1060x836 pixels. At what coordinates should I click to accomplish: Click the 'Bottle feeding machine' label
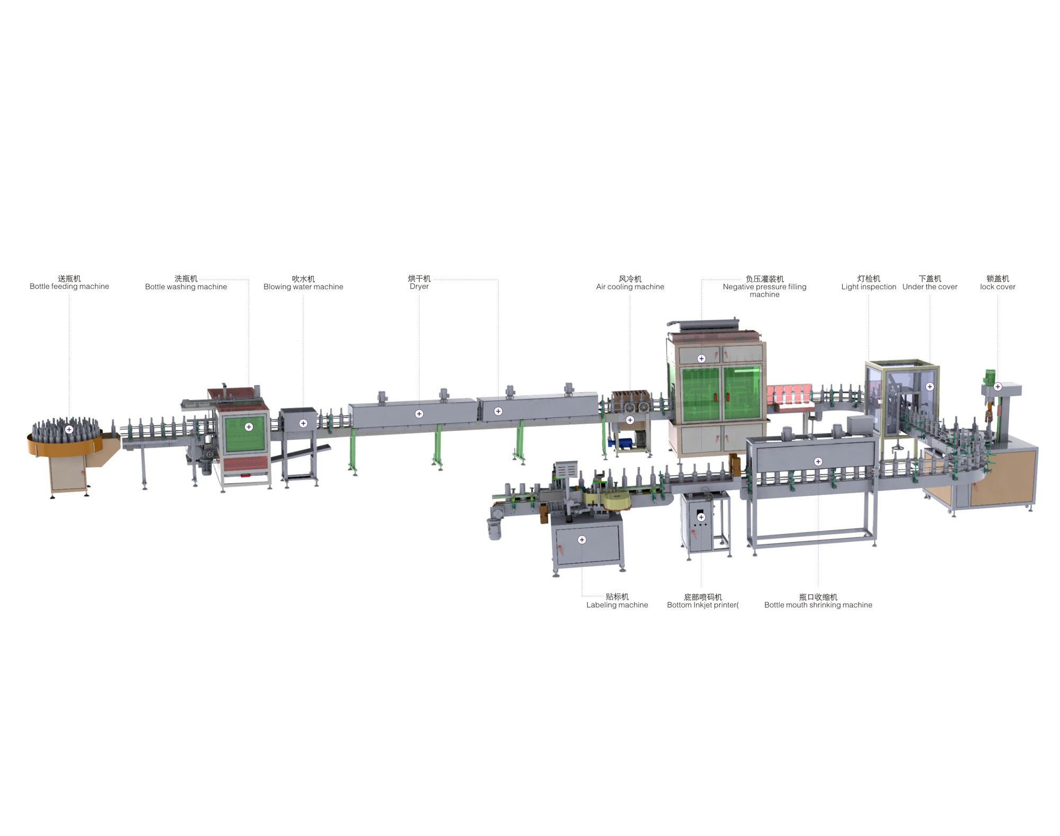[x=69, y=287]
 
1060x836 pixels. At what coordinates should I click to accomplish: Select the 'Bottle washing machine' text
[x=186, y=287]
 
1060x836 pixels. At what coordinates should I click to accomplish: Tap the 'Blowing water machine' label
[x=303, y=287]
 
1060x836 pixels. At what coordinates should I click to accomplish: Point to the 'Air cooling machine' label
[x=630, y=287]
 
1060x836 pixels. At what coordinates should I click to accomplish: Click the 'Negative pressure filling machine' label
[x=765, y=290]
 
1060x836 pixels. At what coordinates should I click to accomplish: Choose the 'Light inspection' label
[x=869, y=287]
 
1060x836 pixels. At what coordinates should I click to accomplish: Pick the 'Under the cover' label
[x=930, y=287]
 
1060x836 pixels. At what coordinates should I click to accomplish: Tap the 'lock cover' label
[x=997, y=287]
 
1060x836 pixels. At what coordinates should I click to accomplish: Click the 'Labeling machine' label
[x=617, y=605]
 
